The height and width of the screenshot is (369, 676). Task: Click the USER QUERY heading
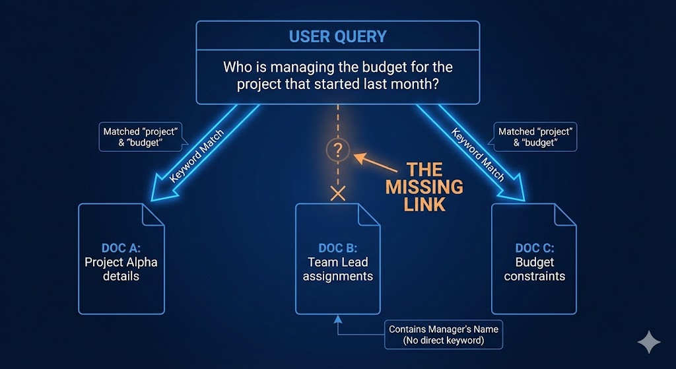click(337, 36)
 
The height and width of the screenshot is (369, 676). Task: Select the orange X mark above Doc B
click(337, 193)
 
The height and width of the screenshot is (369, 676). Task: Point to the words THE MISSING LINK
click(424, 187)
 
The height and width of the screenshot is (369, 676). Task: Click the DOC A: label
click(121, 248)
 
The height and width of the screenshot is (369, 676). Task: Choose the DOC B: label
click(337, 248)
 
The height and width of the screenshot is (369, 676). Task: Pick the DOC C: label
click(534, 248)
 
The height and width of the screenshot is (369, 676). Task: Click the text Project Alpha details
click(121, 269)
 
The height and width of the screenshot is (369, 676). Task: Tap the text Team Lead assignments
click(337, 269)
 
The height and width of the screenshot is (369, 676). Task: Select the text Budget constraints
click(534, 269)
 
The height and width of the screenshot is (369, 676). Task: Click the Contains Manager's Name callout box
click(443, 335)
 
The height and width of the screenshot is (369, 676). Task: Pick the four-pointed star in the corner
click(648, 342)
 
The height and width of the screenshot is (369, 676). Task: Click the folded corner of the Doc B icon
click(368, 214)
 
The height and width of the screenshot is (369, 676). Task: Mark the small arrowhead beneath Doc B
click(337, 319)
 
